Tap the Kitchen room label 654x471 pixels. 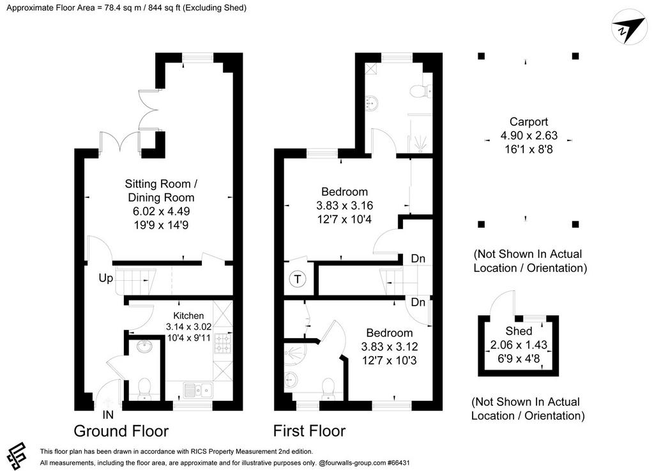click(188, 315)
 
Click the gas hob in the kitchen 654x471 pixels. click(222, 343)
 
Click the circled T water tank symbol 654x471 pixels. click(298, 279)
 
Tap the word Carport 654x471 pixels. click(528, 122)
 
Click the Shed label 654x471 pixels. click(519, 331)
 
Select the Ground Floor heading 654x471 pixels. click(121, 431)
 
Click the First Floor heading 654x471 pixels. click(309, 431)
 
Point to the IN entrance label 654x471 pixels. click(108, 415)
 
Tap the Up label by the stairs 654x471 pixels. click(105, 278)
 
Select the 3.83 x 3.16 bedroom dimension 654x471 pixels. click(344, 206)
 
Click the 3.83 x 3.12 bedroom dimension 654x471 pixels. click(389, 347)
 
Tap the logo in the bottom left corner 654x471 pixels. click(16, 455)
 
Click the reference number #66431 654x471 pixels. click(399, 463)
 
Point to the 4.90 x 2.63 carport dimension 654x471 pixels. click(528, 135)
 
